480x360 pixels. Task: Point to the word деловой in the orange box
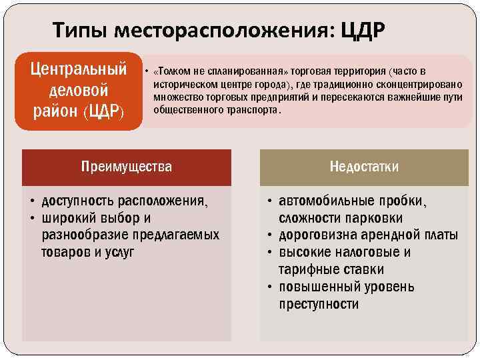click(x=79, y=90)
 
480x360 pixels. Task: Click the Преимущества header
click(x=126, y=167)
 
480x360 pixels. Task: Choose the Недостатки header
click(x=364, y=167)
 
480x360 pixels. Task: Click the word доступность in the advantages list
click(x=74, y=201)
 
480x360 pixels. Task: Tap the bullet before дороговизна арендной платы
click(x=270, y=235)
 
